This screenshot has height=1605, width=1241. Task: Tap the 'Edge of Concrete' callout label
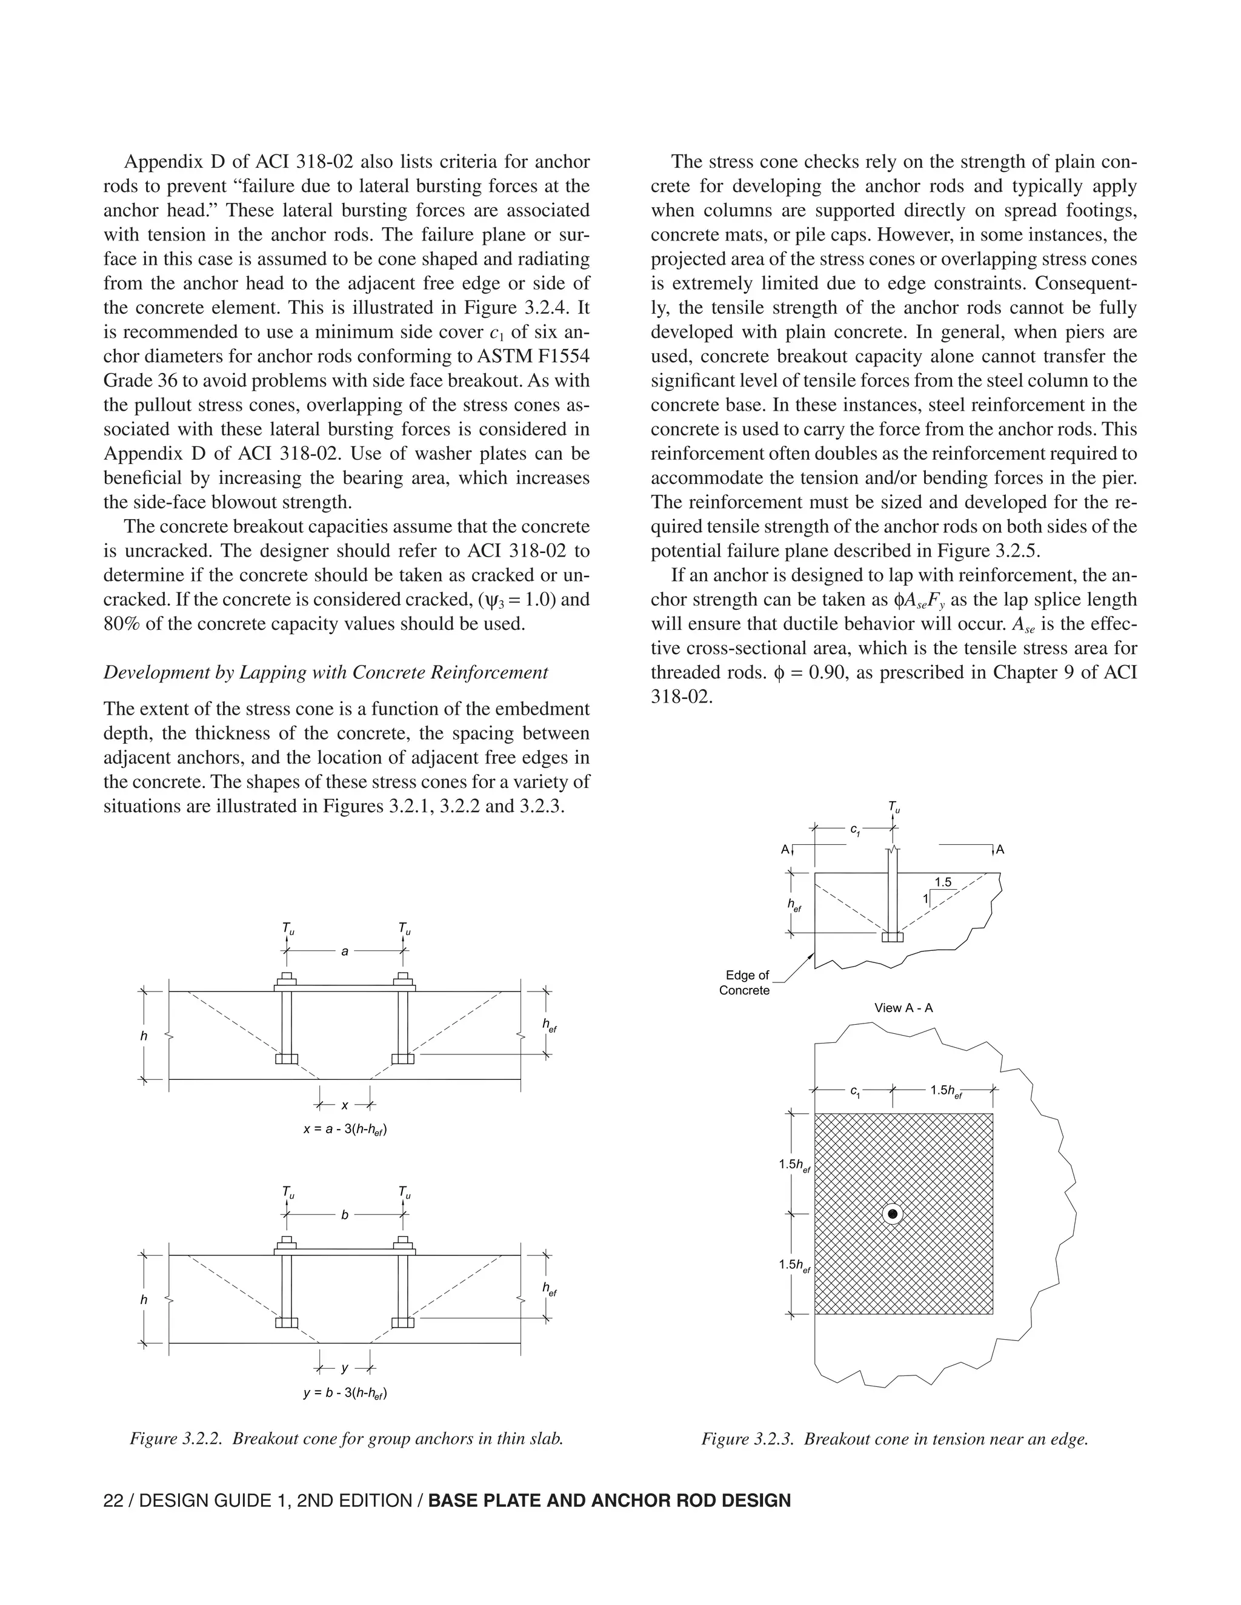[x=745, y=982]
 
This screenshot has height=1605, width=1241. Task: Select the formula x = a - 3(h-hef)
[x=345, y=1128]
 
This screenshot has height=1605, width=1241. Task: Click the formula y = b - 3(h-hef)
[x=345, y=1392]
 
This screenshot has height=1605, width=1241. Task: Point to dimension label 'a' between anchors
[x=345, y=951]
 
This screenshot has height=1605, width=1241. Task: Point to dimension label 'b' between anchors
[x=345, y=1215]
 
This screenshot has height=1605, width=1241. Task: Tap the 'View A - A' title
[x=903, y=1008]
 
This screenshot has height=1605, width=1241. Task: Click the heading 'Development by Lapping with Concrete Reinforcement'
[x=325, y=672]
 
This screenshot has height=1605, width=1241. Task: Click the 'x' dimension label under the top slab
[x=345, y=1105]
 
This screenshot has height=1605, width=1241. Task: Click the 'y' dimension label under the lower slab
[x=345, y=1368]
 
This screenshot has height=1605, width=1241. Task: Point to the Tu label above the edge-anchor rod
[x=894, y=807]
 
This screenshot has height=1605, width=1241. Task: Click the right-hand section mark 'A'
[x=1000, y=850]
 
